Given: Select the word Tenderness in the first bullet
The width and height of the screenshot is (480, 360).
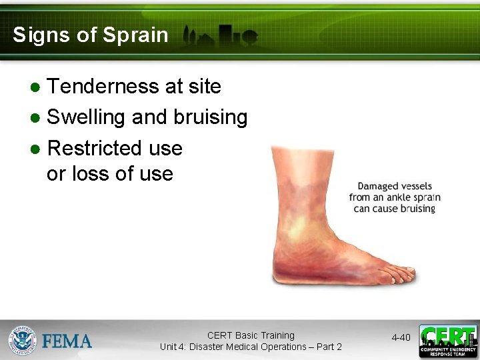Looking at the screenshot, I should pos(102,87).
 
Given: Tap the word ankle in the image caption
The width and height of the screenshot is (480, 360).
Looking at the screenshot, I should pos(395,197).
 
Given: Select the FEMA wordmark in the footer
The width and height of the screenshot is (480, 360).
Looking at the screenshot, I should pos(67,341).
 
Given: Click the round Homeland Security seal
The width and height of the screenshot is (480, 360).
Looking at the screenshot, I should pos(22,341).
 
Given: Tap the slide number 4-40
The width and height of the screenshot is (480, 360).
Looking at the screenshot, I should pos(401,338).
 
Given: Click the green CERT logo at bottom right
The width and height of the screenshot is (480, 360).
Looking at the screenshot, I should pos(448,341).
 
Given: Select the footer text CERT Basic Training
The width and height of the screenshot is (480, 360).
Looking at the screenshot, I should pos(251,335).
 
